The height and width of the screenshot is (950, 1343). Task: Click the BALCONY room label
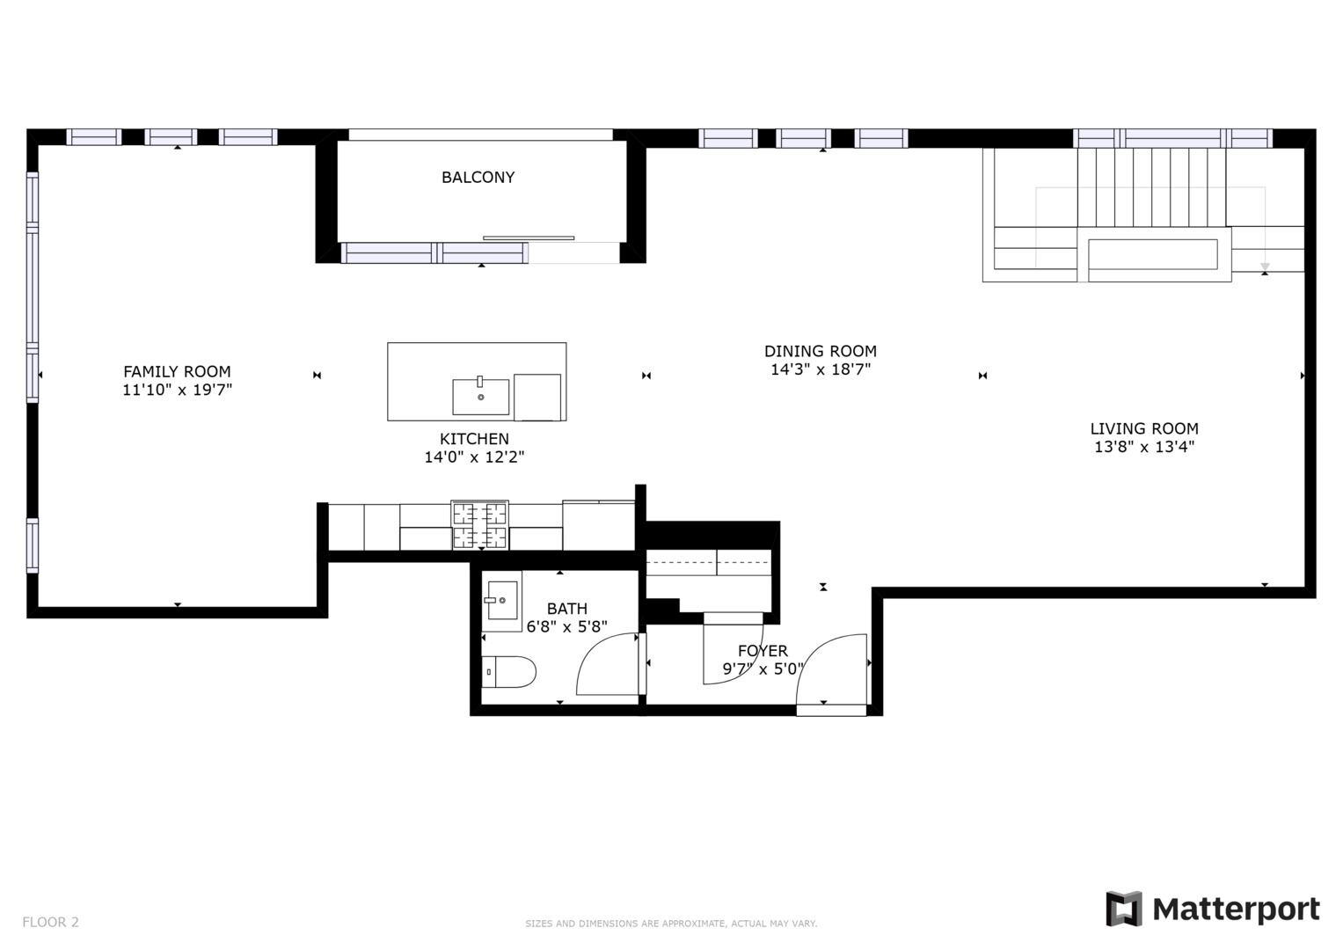coord(478,178)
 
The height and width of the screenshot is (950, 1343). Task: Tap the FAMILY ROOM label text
coord(177,372)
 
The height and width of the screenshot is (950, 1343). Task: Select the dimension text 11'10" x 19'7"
coord(177,391)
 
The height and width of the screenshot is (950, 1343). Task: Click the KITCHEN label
coord(474,439)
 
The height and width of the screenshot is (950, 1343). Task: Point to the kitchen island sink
coord(480,397)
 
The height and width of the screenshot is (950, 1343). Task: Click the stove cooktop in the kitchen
coord(479,525)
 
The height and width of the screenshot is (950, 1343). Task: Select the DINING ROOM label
coord(820,351)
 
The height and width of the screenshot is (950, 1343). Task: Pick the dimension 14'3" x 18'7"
coord(820,369)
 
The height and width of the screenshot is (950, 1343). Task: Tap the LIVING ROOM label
coord(1143,429)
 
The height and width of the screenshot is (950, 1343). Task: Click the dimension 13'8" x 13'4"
coord(1143,447)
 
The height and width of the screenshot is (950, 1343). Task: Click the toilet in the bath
coord(509,672)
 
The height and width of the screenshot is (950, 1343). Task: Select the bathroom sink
coord(502,600)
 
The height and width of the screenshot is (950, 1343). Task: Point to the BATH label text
coord(566,609)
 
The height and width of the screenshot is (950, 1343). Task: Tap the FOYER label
coord(763,651)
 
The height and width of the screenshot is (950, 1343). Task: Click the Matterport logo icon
coord(1123,909)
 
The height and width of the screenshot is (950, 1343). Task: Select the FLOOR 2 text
coord(50,922)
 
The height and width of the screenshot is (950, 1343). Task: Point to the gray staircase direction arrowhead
coord(1265,267)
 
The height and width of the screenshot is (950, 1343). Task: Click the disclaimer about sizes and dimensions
coord(671,924)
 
